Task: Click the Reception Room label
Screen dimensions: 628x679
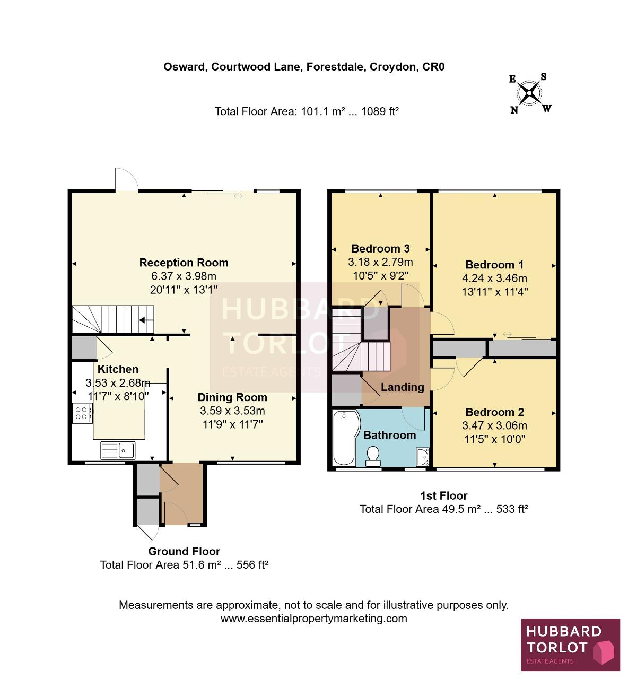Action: click(184, 263)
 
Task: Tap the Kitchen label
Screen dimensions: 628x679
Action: click(118, 369)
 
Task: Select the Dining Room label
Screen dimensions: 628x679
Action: click(232, 397)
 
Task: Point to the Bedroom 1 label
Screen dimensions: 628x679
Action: click(494, 265)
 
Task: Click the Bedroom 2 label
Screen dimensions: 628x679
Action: click(494, 412)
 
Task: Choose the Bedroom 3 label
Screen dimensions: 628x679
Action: click(380, 248)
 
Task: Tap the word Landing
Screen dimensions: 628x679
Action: click(403, 387)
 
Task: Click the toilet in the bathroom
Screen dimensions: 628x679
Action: click(373, 456)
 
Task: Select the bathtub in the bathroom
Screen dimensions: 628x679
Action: click(346, 438)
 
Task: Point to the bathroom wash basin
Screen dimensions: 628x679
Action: click(423, 457)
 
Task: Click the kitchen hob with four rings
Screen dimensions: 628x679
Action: click(82, 413)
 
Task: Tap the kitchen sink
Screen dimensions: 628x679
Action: click(118, 450)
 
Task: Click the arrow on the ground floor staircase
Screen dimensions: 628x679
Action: click(146, 320)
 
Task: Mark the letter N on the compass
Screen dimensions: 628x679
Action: click(514, 110)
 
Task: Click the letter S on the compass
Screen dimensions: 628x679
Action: click(543, 77)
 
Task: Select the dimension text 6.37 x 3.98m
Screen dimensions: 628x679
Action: click(184, 276)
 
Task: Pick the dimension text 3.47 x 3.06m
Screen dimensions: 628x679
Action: click(494, 425)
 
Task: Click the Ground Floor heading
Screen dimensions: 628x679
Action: click(184, 552)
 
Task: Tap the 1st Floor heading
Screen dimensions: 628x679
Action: click(444, 496)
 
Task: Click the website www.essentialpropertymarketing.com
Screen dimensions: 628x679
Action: click(314, 619)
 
